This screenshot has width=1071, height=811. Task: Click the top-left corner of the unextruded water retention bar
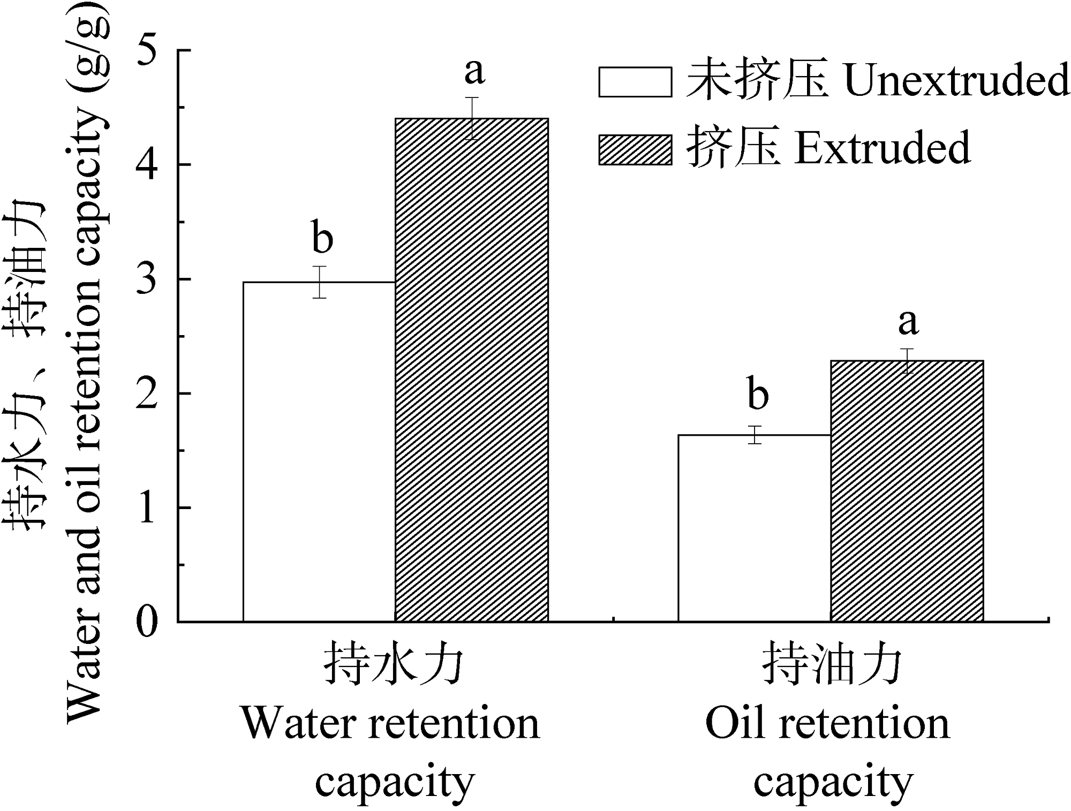click(244, 282)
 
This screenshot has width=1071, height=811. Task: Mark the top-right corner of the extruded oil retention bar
click(983, 361)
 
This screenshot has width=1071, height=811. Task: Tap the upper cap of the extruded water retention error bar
click(472, 97)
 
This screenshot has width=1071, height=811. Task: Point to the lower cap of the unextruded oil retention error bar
click(755, 443)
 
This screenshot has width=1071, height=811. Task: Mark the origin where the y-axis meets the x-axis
click(178, 621)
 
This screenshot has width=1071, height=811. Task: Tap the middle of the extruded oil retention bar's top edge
click(907, 361)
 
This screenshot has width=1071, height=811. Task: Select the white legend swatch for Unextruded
click(635, 82)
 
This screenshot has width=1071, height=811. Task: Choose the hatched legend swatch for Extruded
click(635, 150)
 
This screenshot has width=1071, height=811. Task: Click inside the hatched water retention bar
click(472, 369)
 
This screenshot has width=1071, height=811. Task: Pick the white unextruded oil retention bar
click(755, 528)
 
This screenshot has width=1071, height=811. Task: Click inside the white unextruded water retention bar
click(320, 451)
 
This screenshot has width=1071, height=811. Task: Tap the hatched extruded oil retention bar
click(907, 491)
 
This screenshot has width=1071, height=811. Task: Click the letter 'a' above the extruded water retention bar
click(474, 72)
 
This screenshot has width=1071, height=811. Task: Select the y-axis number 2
click(148, 393)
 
